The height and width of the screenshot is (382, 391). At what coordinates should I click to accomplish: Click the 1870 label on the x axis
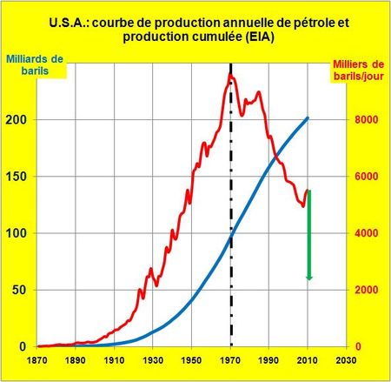pyautogui.click(x=38, y=359)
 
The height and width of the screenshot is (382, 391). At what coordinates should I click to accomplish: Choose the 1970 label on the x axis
pyautogui.click(x=230, y=359)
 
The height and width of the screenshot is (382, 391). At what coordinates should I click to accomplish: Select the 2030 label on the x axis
pyautogui.click(x=346, y=359)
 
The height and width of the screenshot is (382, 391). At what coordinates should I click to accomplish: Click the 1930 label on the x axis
pyautogui.click(x=153, y=359)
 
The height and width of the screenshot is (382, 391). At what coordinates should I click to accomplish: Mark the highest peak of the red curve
pyautogui.click(x=230, y=75)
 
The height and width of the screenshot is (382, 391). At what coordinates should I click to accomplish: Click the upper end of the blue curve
pyautogui.click(x=308, y=118)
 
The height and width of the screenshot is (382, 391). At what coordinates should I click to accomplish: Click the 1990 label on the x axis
pyautogui.click(x=268, y=359)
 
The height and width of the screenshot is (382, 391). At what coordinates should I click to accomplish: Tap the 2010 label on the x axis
pyautogui.click(x=308, y=359)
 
